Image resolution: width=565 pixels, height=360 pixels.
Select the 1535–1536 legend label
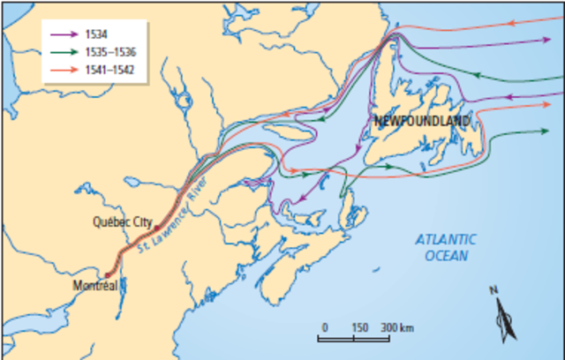point(109,51)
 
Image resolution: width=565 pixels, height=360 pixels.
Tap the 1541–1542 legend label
point(109,67)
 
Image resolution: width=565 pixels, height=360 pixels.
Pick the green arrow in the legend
point(65,51)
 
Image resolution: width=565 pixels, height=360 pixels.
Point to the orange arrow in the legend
point(65,67)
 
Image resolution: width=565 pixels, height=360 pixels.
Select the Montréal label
point(95,286)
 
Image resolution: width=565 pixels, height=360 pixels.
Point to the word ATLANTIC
point(446,239)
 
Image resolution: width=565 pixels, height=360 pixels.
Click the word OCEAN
point(446,255)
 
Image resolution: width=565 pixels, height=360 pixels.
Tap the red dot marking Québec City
point(155,228)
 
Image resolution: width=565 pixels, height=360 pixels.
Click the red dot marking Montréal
point(109,275)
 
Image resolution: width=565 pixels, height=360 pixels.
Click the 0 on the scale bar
point(325,326)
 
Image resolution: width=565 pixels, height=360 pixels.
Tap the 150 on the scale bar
point(358,326)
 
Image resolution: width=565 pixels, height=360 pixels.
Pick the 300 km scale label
point(397,326)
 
